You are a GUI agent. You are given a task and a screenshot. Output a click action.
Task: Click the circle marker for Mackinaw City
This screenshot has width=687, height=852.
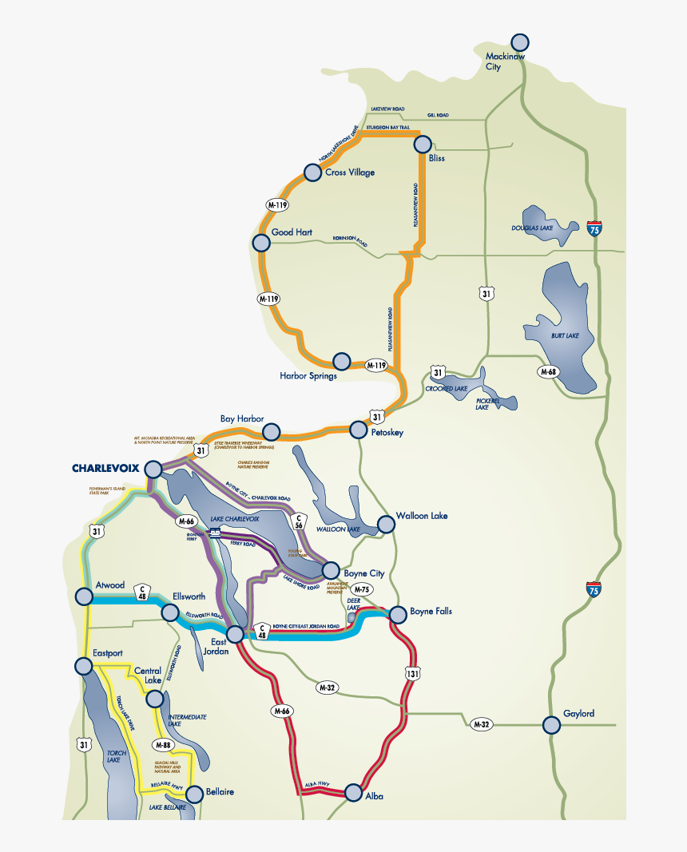click(x=519, y=43)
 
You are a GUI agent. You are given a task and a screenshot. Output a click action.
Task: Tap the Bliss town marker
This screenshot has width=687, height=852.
click(x=422, y=145)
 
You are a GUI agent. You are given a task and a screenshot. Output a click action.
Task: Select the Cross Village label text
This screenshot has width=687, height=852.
click(x=350, y=172)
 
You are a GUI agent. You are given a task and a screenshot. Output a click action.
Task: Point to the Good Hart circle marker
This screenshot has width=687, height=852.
click(x=260, y=243)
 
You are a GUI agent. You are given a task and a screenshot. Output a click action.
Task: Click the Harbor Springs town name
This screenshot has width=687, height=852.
click(x=308, y=375)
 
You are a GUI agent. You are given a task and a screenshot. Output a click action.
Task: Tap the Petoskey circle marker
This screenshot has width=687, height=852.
click(x=358, y=430)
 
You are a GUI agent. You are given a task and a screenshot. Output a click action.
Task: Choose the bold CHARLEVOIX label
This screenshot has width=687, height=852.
click(x=105, y=468)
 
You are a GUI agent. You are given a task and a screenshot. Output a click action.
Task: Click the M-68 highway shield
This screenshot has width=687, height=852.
click(x=547, y=371)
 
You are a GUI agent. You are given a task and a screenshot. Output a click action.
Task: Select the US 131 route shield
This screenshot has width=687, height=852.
click(x=412, y=673)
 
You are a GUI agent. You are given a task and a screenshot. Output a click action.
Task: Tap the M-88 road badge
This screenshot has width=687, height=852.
click(x=162, y=745)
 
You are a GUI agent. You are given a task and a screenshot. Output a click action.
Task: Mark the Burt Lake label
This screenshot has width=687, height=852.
click(x=565, y=335)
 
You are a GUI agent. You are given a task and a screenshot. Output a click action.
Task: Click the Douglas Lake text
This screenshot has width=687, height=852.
click(x=532, y=228)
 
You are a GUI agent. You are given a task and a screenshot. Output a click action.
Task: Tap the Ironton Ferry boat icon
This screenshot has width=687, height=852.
click(x=214, y=533)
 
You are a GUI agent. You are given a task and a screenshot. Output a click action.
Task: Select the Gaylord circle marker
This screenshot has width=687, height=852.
click(x=551, y=724)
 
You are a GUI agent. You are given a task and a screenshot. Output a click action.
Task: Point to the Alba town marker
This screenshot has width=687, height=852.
click(x=353, y=792)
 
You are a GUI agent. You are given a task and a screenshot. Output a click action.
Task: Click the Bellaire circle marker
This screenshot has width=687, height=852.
click(x=194, y=792)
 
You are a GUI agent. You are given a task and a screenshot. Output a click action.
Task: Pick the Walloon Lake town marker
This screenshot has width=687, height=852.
click(x=386, y=524)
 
